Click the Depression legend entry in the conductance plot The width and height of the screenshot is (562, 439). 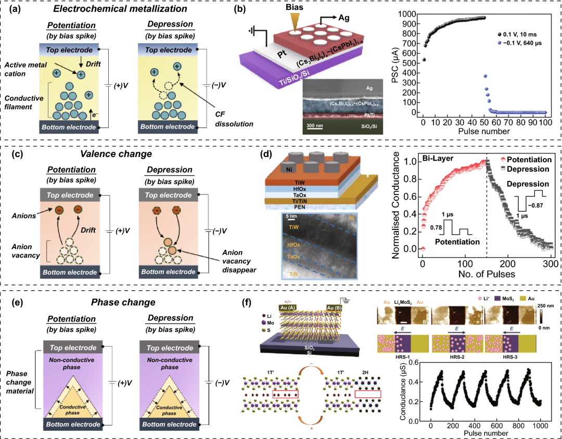coord(526,169)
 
